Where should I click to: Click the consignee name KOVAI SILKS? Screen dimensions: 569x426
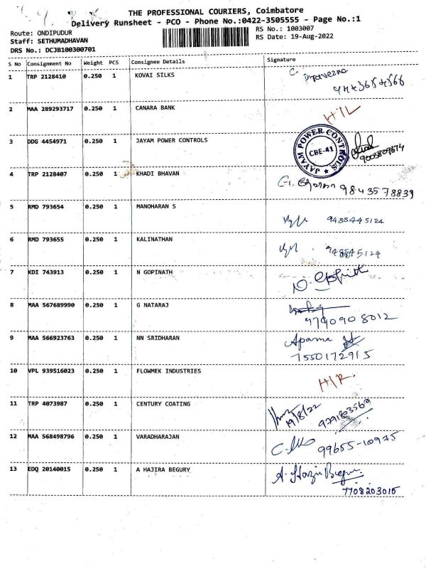coord(154,75)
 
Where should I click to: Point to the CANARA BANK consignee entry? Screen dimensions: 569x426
coord(155,109)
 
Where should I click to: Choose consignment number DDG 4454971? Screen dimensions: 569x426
coord(47,142)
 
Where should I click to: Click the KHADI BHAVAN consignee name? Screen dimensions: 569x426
coord(158,174)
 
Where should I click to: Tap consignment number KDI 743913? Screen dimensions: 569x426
coord(45,272)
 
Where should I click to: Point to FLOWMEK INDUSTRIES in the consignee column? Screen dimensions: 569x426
coord(168,371)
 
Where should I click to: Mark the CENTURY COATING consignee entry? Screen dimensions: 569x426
coord(163,404)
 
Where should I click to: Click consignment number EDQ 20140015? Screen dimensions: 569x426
coord(48,470)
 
